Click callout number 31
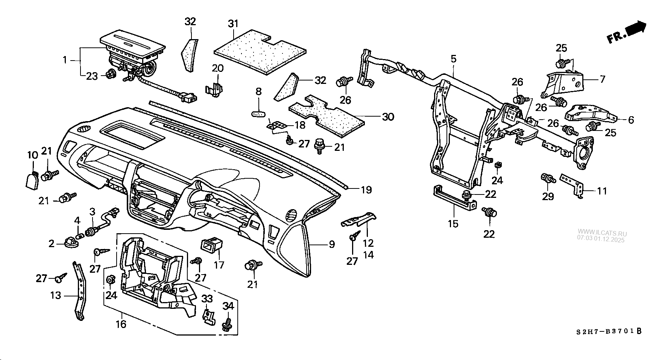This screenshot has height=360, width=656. (x=233, y=24)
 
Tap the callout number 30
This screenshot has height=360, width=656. (x=388, y=117)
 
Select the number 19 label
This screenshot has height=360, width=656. (x=366, y=190)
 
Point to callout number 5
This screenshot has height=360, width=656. (x=453, y=59)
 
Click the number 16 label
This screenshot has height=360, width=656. (x=121, y=324)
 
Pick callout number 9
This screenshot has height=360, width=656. (x=331, y=245)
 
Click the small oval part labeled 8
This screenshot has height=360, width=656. (x=258, y=113)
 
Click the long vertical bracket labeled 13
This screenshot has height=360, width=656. (x=80, y=292)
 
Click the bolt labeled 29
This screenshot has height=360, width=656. (x=548, y=178)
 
